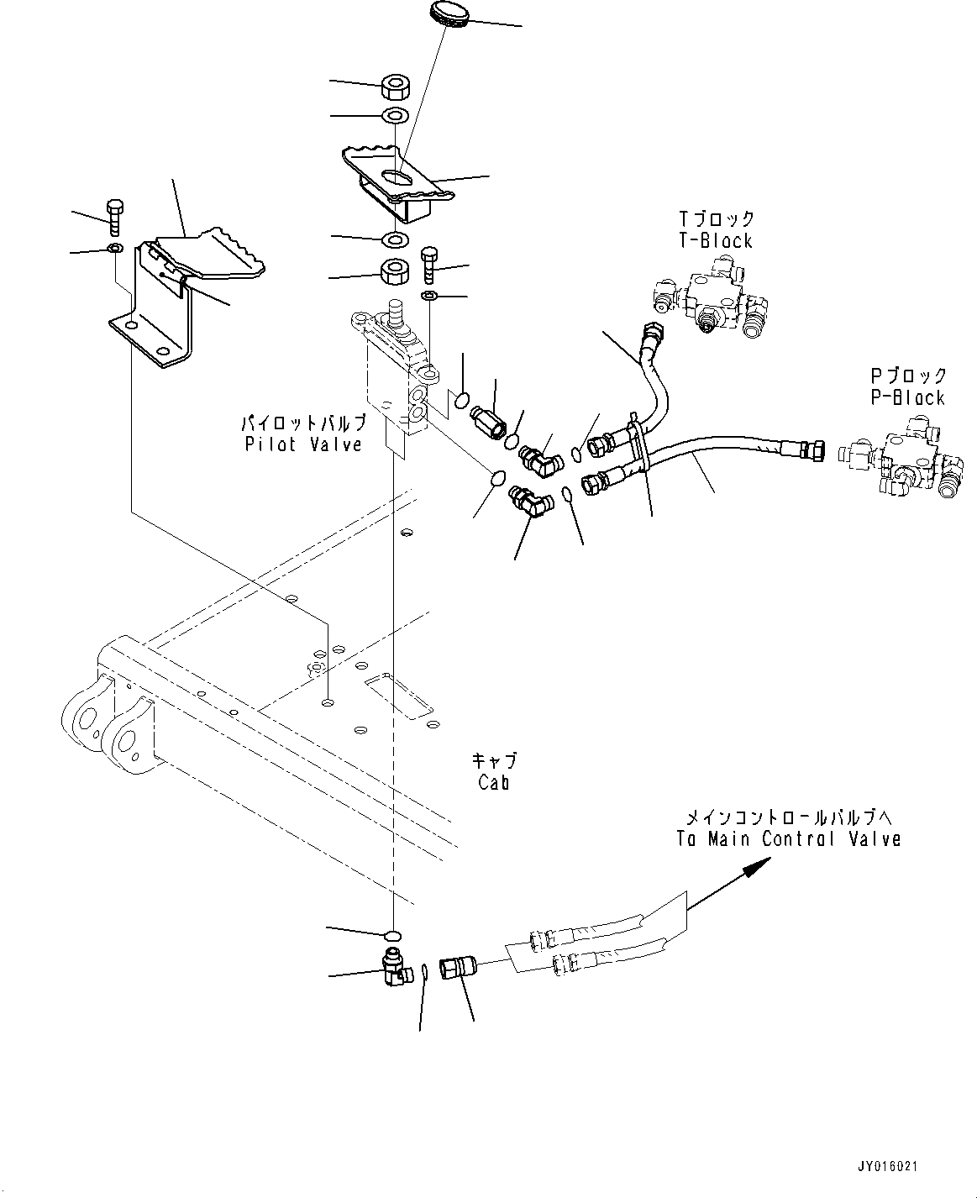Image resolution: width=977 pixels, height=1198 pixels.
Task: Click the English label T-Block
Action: coord(716,241)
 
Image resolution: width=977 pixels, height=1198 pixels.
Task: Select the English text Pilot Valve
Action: coord(303,444)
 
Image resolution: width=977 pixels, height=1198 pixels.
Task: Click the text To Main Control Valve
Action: coord(788,838)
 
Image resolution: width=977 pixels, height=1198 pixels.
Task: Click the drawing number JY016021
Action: coord(888,1167)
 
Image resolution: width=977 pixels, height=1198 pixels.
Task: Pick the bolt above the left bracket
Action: coord(114,218)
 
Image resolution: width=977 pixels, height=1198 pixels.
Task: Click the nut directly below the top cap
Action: coord(395,87)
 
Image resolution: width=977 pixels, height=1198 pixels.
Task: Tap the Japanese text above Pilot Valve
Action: coord(303,423)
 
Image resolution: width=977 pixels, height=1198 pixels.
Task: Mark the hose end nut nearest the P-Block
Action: coord(812,451)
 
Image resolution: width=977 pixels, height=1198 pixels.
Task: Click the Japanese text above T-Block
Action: coord(716,219)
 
